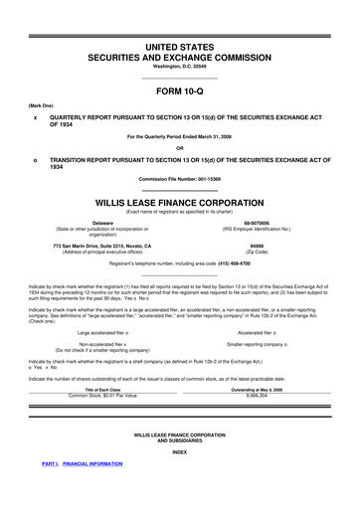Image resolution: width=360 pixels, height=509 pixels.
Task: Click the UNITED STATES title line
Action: click(180, 49)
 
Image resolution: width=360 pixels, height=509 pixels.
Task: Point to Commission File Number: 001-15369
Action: click(180, 177)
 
